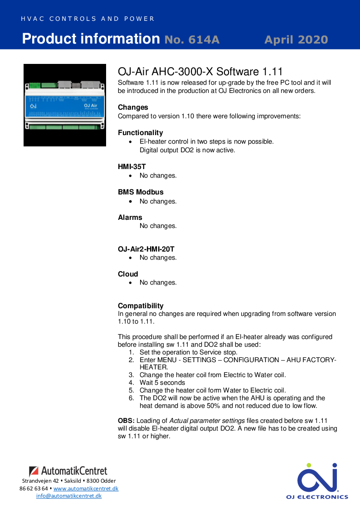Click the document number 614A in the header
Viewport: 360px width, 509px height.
(192, 40)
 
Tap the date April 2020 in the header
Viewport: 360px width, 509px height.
(296, 40)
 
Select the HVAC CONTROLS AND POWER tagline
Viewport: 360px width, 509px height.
(88, 19)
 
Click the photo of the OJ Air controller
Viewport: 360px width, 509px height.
(65, 105)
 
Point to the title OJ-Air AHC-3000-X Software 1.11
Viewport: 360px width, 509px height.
(200, 72)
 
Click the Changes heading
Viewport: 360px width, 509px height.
(133, 107)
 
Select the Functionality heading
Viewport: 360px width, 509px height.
(140, 133)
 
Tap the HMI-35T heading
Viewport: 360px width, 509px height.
(131, 167)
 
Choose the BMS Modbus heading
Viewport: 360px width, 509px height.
(141, 192)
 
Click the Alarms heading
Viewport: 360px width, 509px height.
(130, 218)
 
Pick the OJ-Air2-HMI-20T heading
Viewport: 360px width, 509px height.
(146, 249)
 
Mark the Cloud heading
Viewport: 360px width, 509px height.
(128, 274)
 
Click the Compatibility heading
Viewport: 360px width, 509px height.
(141, 306)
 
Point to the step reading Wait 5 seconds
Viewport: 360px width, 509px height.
(162, 383)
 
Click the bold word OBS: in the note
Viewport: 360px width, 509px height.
(126, 421)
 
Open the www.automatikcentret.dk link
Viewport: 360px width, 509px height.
(86, 489)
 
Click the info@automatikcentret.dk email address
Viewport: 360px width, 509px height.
(69, 496)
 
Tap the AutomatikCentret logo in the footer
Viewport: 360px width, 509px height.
(68, 471)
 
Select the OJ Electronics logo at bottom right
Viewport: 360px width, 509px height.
(317, 480)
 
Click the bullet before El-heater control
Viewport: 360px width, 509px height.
(131, 142)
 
